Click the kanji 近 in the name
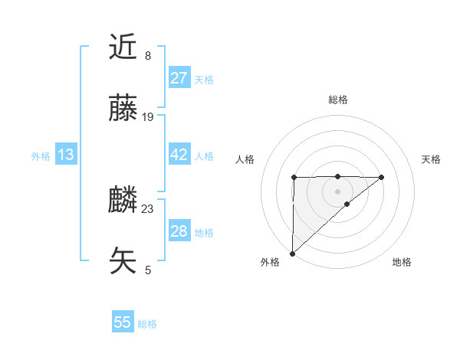pyautogui.click(x=123, y=47)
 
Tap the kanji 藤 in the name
pyautogui.click(x=123, y=109)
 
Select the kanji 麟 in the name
pyautogui.click(x=123, y=200)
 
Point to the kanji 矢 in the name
pyautogui.click(x=123, y=261)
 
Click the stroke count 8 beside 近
pyautogui.click(x=148, y=56)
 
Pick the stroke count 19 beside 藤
pyautogui.click(x=148, y=117)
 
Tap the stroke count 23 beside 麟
pyautogui.click(x=148, y=208)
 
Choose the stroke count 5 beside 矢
pyautogui.click(x=148, y=270)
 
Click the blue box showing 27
pyautogui.click(x=179, y=78)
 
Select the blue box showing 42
pyautogui.click(x=179, y=155)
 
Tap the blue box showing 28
pyautogui.click(x=179, y=231)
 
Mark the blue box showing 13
pyautogui.click(x=66, y=155)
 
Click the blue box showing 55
pyautogui.click(x=123, y=322)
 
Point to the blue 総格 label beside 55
pyautogui.click(x=147, y=324)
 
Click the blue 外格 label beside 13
pyautogui.click(x=41, y=156)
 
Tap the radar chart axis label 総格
pyautogui.click(x=337, y=100)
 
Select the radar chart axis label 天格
pyautogui.click(x=431, y=159)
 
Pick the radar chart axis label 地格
pyautogui.click(x=402, y=262)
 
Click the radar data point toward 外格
pyautogui.click(x=292, y=253)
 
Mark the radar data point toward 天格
pyautogui.click(x=382, y=177)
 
